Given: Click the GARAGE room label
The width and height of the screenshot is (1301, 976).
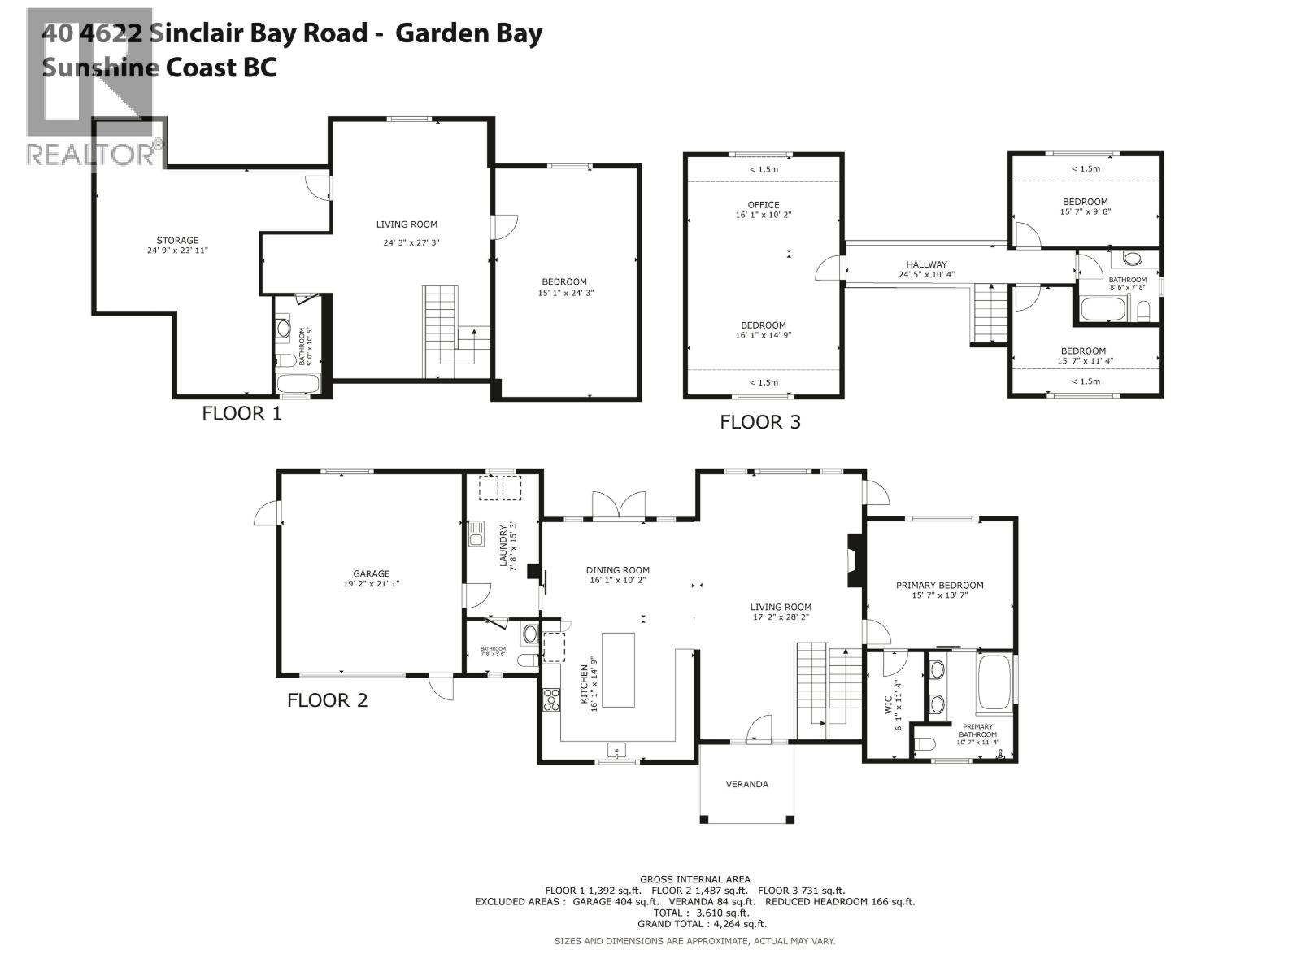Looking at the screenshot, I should click(371, 573).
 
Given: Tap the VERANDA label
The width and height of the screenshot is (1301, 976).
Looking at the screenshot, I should click(746, 784).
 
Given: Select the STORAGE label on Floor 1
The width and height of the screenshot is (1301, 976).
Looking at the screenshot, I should click(177, 240).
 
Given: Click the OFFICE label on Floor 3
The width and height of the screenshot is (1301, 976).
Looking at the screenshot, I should click(763, 205).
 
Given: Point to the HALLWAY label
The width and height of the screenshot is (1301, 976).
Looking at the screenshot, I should click(926, 264).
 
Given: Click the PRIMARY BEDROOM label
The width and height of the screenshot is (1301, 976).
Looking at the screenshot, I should click(939, 585).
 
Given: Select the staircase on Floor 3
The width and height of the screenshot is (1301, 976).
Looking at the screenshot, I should click(990, 313).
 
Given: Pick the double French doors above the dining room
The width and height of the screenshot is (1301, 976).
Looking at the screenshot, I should click(618, 505).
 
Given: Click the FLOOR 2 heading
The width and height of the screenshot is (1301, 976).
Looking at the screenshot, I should click(327, 700).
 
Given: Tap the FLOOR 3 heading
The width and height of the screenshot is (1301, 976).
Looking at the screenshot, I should click(760, 422).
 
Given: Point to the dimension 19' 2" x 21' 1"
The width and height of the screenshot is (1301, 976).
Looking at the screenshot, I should click(371, 584).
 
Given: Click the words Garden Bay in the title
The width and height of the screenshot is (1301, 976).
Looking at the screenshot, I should click(469, 33).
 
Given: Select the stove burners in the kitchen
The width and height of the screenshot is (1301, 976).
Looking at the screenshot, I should click(551, 699).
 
